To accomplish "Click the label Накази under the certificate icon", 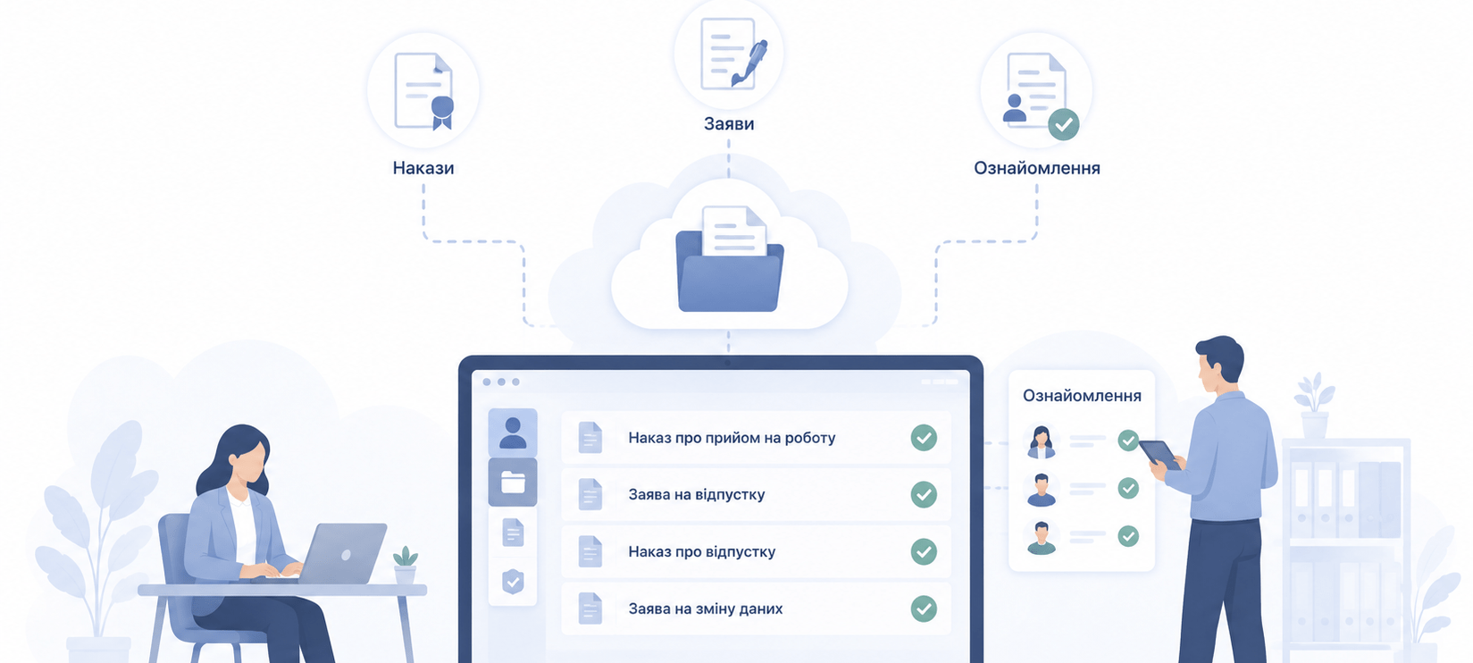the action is click(x=423, y=168).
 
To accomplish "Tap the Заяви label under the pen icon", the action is click(x=729, y=123).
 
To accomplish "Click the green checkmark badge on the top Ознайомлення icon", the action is click(x=1063, y=124).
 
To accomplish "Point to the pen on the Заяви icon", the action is click(x=749, y=63).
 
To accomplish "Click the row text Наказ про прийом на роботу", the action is click(x=732, y=438).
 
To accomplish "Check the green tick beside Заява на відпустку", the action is click(x=924, y=495).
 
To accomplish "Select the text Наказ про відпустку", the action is click(x=701, y=552).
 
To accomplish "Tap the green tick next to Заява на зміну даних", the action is click(x=924, y=609).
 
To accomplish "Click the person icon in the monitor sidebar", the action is click(x=513, y=432).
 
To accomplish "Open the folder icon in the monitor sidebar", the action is click(x=513, y=483).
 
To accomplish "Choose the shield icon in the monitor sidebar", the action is click(x=513, y=582).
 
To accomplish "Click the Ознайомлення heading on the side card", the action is click(x=1082, y=396).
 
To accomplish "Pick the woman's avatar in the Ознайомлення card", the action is click(x=1041, y=441).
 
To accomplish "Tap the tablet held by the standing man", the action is click(x=1159, y=454).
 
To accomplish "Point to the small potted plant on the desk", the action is click(x=405, y=565).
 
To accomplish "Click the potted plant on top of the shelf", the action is click(x=1314, y=406).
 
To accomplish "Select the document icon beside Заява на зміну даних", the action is click(x=590, y=609).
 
